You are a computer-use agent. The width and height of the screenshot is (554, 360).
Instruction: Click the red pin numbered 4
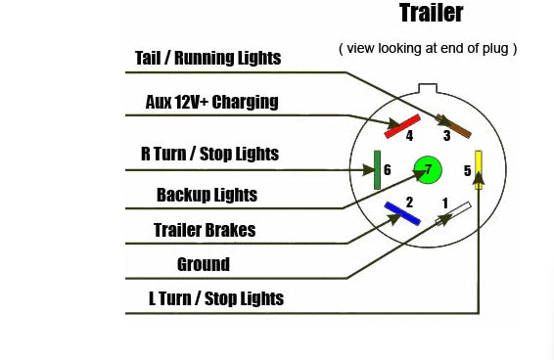pos(402,126)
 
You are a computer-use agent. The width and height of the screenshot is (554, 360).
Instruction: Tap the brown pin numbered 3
pos(453,126)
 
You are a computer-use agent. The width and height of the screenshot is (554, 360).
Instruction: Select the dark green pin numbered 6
pos(378,170)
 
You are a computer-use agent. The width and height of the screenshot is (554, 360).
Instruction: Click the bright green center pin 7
pos(428,170)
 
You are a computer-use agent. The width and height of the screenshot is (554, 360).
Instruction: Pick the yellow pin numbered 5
pos(479,170)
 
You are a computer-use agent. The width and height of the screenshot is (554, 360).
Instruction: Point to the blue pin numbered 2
pos(402,213)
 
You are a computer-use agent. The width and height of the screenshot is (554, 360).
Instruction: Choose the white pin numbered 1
pos(453,213)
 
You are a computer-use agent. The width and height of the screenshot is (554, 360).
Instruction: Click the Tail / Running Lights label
pos(208,58)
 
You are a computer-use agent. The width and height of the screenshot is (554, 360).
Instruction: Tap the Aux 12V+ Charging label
pos(211,102)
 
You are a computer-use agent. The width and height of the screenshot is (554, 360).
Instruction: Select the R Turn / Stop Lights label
pos(209,154)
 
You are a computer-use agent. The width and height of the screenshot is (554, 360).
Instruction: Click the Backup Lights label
pos(207,195)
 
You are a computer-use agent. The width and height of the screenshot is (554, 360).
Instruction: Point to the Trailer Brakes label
pos(205,230)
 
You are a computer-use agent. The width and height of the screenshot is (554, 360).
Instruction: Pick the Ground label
pos(204,264)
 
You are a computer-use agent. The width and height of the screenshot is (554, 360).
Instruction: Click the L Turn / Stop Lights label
pos(216,298)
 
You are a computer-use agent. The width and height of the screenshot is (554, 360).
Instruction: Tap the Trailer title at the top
pos(431,13)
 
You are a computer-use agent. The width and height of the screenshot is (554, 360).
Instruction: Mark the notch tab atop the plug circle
pos(428,88)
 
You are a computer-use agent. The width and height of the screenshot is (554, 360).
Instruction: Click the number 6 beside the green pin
pos(388,170)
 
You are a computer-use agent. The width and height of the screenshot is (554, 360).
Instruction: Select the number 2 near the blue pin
pos(409,202)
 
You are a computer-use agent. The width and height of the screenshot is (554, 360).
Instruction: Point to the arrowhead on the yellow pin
pos(479,179)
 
